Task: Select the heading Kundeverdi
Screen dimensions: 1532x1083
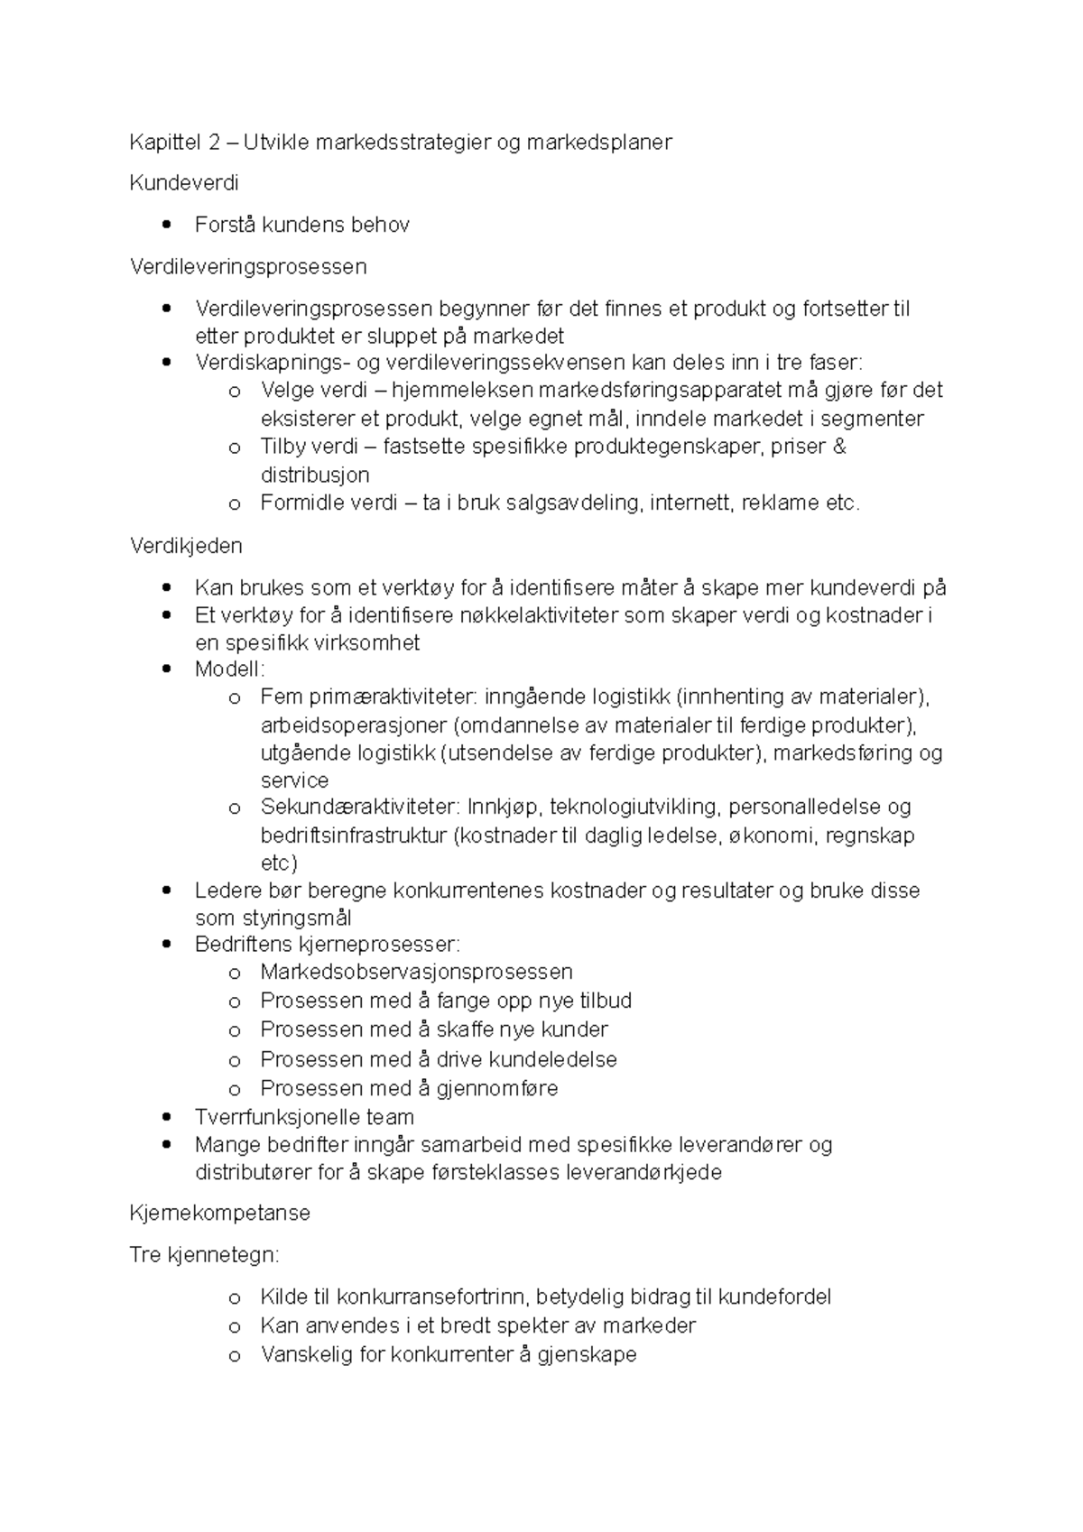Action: [184, 183]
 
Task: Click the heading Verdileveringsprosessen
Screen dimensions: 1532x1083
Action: [248, 266]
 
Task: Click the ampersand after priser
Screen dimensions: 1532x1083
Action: [840, 447]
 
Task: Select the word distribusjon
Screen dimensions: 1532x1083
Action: [315, 475]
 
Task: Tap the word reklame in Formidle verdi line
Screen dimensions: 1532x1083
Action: [780, 503]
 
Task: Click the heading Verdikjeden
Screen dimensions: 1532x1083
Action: [186, 545]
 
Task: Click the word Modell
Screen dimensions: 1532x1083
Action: [228, 669]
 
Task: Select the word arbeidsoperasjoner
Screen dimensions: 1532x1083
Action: [354, 725]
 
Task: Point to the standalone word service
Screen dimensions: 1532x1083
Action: [294, 780]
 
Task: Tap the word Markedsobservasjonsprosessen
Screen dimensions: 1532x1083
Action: [416, 972]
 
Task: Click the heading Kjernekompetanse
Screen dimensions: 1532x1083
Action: [220, 1213]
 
